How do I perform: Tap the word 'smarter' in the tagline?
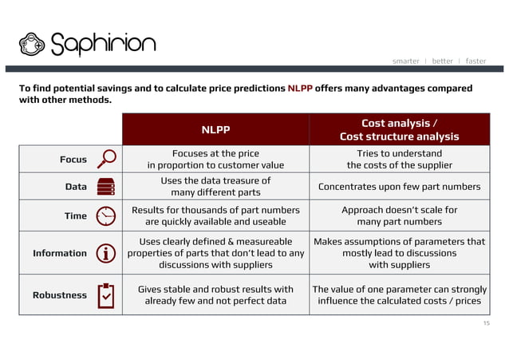click(x=406, y=61)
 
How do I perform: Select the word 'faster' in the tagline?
click(x=475, y=61)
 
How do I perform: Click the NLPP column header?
click(x=215, y=129)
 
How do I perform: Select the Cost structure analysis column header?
click(x=399, y=129)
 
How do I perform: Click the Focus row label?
click(x=73, y=160)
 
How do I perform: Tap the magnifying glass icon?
click(x=105, y=159)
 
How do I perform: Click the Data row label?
click(x=76, y=187)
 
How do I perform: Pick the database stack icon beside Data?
click(x=105, y=187)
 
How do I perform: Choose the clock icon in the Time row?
click(x=105, y=216)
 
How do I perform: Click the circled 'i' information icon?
click(x=105, y=253)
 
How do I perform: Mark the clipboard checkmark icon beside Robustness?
click(x=105, y=295)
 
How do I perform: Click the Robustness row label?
click(x=60, y=295)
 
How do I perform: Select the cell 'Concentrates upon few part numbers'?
click(x=399, y=187)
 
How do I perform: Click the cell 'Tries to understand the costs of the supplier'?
click(x=399, y=159)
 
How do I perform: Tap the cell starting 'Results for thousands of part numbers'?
click(x=215, y=216)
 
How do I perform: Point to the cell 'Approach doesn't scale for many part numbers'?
click(x=399, y=216)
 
